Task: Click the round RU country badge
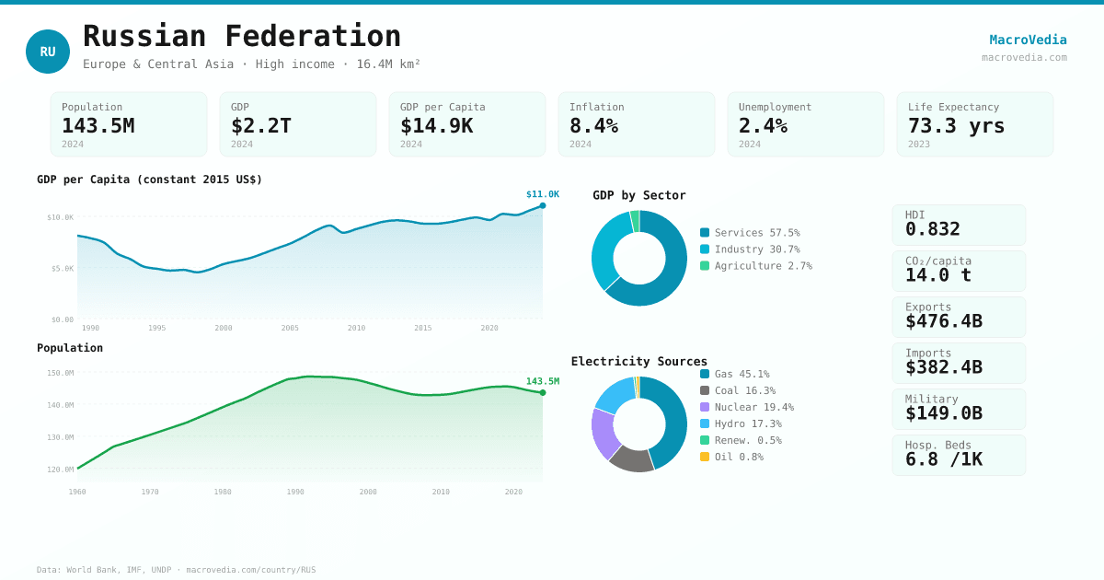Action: click(x=48, y=52)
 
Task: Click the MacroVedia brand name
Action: click(x=1028, y=40)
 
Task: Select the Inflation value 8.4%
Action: click(x=593, y=125)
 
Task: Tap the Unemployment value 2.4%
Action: click(x=763, y=125)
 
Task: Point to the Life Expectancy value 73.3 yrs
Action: click(x=956, y=125)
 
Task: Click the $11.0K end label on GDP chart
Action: click(x=542, y=194)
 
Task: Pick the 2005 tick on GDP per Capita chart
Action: click(x=290, y=328)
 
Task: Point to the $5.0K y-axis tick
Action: click(x=61, y=269)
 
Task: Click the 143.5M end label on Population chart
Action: click(x=542, y=381)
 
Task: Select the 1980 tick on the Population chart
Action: click(x=223, y=492)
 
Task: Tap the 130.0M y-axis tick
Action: click(x=61, y=437)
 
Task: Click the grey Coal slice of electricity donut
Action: click(x=630, y=458)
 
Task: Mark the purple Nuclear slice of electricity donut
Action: click(x=604, y=433)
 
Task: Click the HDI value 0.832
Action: click(x=932, y=229)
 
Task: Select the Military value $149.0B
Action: click(x=943, y=413)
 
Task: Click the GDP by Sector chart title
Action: click(x=638, y=195)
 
